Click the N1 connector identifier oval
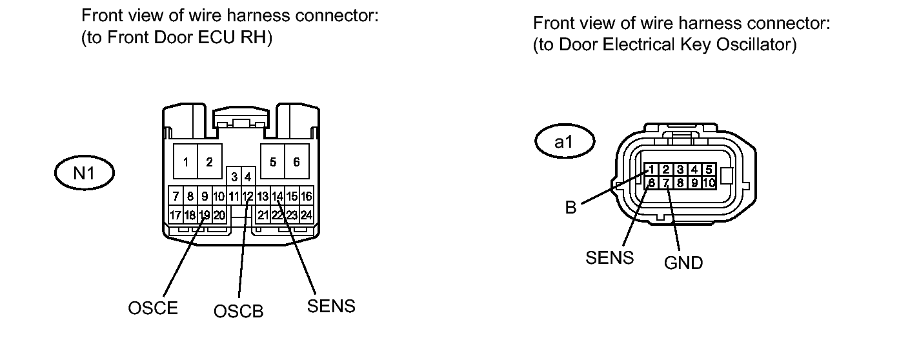[84, 173]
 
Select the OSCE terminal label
[152, 308]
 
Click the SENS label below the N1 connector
[331, 306]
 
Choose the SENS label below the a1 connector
[609, 257]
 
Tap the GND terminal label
[683, 263]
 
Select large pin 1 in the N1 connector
[185, 163]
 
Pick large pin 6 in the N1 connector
[296, 163]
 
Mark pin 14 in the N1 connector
[277, 196]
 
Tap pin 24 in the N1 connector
[307, 215]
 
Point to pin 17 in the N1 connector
[175, 215]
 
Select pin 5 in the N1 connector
[273, 163]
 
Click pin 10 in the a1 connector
[709, 183]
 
